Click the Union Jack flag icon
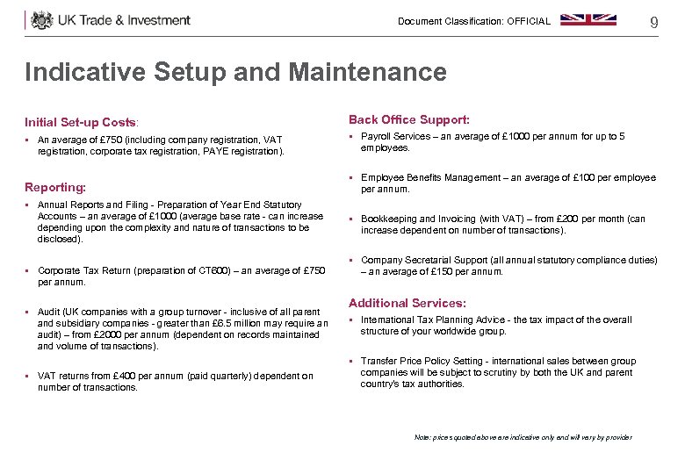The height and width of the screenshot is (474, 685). click(588, 19)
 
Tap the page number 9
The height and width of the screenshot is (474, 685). click(653, 22)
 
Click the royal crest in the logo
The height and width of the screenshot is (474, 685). click(42, 20)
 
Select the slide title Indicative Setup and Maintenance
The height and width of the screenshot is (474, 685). click(235, 72)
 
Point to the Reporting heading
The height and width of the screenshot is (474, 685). click(55, 188)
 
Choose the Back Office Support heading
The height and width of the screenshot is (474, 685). click(408, 119)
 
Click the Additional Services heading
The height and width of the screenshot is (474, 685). click(407, 303)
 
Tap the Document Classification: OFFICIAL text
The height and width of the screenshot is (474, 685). click(473, 21)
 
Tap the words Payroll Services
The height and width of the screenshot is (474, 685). click(394, 137)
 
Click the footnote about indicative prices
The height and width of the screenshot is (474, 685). click(523, 437)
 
